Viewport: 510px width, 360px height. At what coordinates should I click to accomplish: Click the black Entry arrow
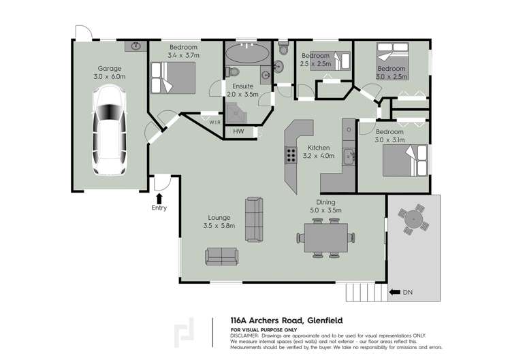[x=159, y=197]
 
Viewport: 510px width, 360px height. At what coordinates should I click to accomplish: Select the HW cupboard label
[x=238, y=131]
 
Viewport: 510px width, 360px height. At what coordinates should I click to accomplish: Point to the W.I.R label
[x=214, y=122]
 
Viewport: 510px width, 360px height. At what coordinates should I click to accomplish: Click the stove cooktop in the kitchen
[x=291, y=155]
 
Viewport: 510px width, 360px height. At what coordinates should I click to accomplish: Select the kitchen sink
[x=348, y=156]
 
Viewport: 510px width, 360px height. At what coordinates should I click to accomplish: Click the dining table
[x=326, y=238]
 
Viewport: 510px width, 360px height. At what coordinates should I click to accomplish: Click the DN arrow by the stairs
[x=395, y=293]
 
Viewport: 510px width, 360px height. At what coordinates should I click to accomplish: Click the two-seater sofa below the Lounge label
[x=222, y=256]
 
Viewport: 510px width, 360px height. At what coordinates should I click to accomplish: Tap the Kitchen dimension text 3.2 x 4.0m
[x=319, y=156]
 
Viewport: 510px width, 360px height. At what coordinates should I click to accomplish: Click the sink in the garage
[x=136, y=46]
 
